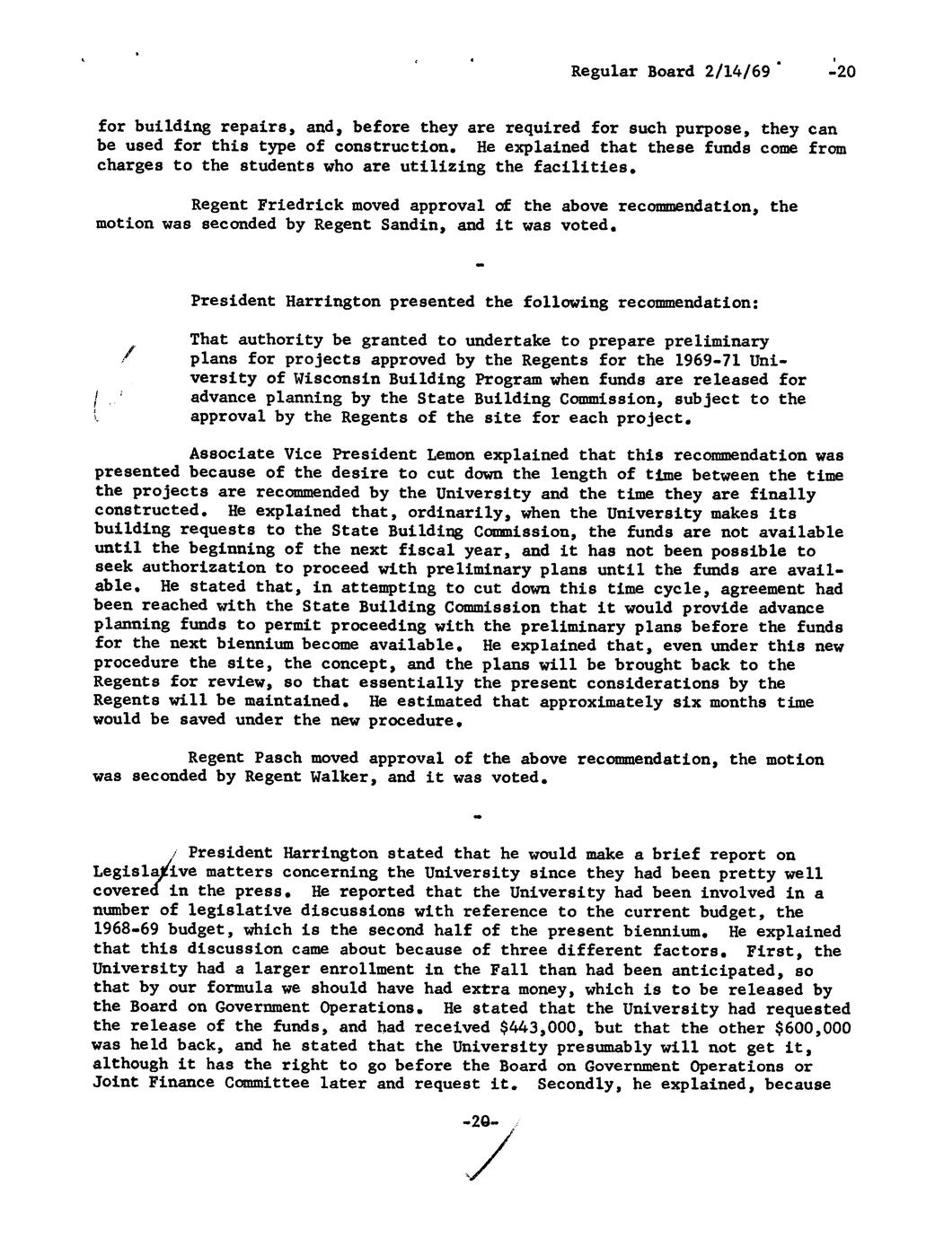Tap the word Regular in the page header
coord(603,72)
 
